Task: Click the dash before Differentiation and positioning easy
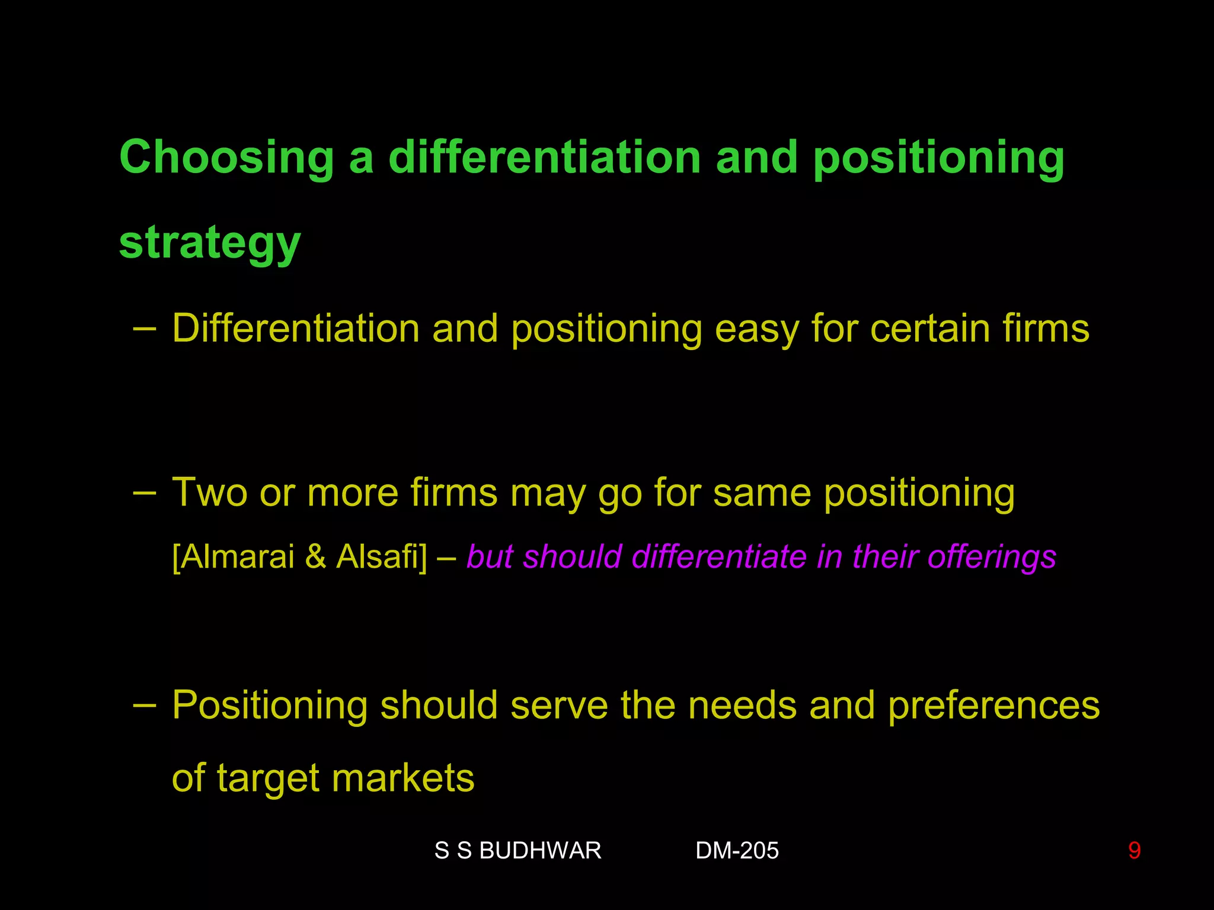[145, 328]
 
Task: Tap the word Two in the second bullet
[209, 493]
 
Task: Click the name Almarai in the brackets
[237, 557]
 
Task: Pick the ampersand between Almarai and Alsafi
[316, 557]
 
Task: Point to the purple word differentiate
[719, 557]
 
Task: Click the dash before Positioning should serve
[145, 705]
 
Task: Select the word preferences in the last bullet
[994, 706]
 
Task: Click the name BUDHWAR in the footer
[540, 851]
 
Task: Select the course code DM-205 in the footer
[737, 851]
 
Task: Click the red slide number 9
[1134, 851]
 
